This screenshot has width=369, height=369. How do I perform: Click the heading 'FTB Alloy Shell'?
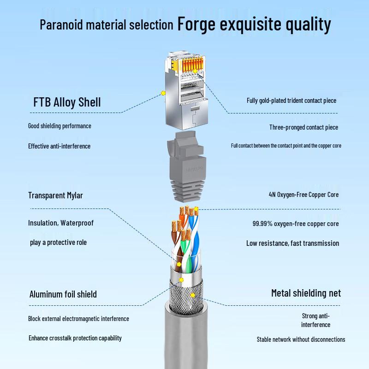click(x=67, y=102)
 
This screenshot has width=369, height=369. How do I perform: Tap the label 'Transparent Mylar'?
click(x=55, y=195)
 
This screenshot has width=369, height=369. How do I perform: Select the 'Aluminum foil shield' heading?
click(x=63, y=294)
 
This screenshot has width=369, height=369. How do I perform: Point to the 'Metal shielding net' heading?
click(x=306, y=293)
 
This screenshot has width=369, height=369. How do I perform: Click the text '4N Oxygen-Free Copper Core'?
click(x=304, y=195)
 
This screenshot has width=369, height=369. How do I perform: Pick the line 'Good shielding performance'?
click(x=60, y=126)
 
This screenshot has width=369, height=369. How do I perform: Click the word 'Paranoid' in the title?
click(x=61, y=24)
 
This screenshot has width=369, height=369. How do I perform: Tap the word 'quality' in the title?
click(x=308, y=24)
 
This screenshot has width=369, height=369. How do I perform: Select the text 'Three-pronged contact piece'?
click(x=304, y=127)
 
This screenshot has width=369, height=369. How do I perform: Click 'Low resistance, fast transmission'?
click(x=293, y=244)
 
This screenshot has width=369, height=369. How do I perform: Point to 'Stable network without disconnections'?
click(x=301, y=339)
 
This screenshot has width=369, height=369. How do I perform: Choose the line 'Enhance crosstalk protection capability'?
click(x=75, y=338)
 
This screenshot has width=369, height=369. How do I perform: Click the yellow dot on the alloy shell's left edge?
click(x=163, y=93)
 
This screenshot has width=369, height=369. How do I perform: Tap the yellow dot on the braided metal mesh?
click(x=193, y=295)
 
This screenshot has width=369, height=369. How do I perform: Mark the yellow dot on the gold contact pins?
click(x=195, y=71)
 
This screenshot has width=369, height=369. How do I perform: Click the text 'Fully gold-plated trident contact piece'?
click(x=292, y=101)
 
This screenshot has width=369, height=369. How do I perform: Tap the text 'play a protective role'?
click(x=59, y=243)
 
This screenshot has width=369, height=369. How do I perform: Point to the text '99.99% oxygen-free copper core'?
click(x=296, y=224)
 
